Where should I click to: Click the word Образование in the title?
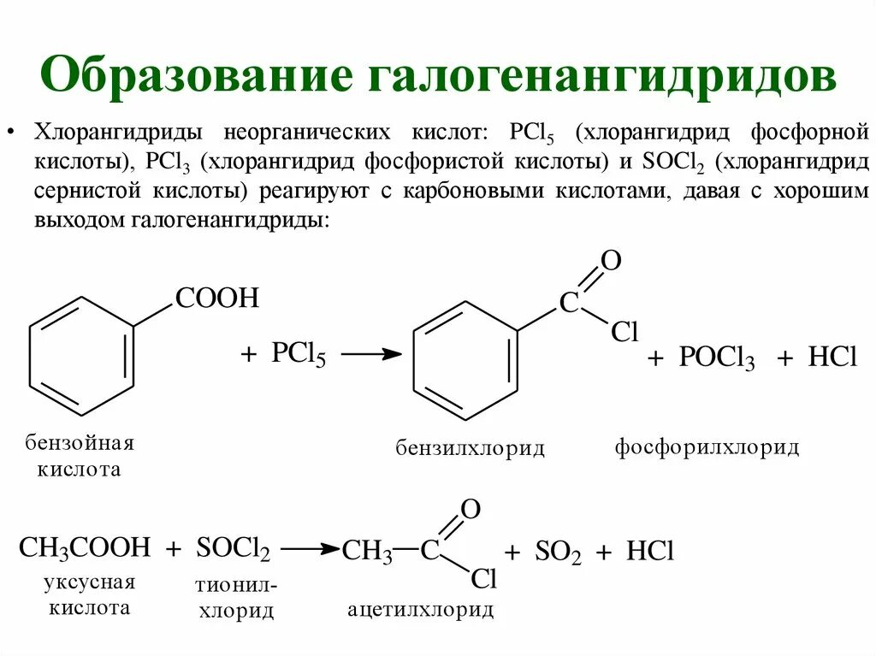(198, 74)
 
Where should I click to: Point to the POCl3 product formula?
(716, 359)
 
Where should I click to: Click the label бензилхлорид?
(470, 449)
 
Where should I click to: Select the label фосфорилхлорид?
(707, 447)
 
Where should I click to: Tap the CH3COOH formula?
(85, 548)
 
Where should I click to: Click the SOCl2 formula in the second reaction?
(233, 549)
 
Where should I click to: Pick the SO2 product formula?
(558, 553)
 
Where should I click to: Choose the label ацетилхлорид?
(420, 609)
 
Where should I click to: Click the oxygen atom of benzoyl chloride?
(610, 260)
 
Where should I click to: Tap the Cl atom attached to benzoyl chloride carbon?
(624, 333)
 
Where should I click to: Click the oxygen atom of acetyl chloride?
(470, 511)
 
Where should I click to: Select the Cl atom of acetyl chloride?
(483, 580)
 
